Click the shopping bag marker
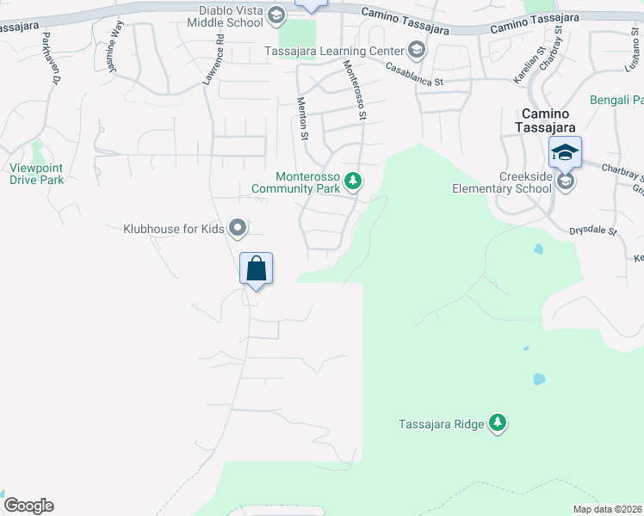(256, 268)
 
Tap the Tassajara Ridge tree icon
(497, 422)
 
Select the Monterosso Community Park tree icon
(352, 181)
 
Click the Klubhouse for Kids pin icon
(238, 228)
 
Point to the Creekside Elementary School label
(502, 182)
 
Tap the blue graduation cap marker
(565, 153)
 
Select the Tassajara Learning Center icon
(416, 50)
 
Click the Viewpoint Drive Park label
(37, 174)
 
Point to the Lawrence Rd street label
(213, 58)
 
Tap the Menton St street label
(303, 118)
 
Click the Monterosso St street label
(355, 89)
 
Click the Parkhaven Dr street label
(49, 58)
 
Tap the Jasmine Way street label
(114, 52)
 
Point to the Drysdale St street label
(593, 231)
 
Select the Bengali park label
(616, 101)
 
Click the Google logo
(28, 506)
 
